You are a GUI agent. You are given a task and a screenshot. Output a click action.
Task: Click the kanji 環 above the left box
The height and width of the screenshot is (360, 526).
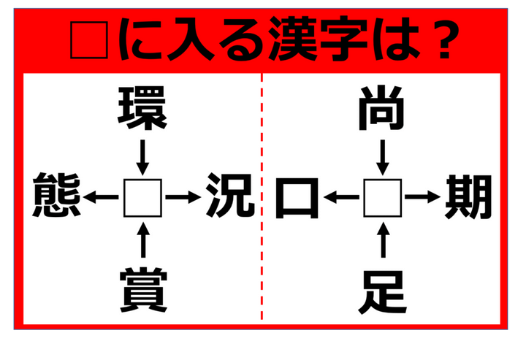[x=142, y=107]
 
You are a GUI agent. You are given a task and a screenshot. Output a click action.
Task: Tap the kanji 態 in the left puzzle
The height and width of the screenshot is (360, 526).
[x=57, y=195]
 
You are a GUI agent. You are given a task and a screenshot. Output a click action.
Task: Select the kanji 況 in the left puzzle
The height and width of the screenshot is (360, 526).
[x=230, y=195]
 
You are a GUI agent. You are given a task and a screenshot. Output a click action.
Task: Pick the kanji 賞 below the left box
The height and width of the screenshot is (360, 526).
[x=144, y=290]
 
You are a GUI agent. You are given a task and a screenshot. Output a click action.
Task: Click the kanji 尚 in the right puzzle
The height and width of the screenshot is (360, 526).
[x=381, y=108]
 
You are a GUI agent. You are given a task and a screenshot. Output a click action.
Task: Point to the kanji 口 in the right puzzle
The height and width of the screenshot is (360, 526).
[x=297, y=199]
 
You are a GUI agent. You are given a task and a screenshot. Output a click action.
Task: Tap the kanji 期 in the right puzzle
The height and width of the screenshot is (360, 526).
[x=468, y=196]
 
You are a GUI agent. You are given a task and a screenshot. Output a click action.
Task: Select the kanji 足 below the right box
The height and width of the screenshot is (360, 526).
[x=382, y=292]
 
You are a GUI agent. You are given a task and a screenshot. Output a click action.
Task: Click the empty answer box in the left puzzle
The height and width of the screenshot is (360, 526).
[x=142, y=198]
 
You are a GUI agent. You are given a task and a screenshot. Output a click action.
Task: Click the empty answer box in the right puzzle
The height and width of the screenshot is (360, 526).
[x=383, y=198]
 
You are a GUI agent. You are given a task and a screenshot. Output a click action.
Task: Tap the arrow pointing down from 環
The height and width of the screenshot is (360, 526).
[x=142, y=157]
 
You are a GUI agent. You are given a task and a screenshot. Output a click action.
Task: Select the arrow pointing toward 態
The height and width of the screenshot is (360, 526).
[x=101, y=197]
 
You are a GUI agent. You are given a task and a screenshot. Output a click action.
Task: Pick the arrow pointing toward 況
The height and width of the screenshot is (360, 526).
[x=183, y=197]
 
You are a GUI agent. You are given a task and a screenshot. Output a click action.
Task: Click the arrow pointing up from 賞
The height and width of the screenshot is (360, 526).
[x=143, y=240]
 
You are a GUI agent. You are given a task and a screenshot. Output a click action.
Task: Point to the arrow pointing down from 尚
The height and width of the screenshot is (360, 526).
[x=383, y=157]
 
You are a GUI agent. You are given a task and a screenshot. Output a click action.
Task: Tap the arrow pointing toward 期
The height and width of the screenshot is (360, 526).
[x=422, y=196]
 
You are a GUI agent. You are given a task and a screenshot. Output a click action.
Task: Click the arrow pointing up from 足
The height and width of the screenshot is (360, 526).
[x=383, y=240]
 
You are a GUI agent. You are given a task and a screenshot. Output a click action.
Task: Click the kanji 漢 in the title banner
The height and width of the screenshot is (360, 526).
[x=294, y=39]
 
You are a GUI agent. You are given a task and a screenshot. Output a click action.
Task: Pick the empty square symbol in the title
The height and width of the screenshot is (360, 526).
[x=89, y=40]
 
